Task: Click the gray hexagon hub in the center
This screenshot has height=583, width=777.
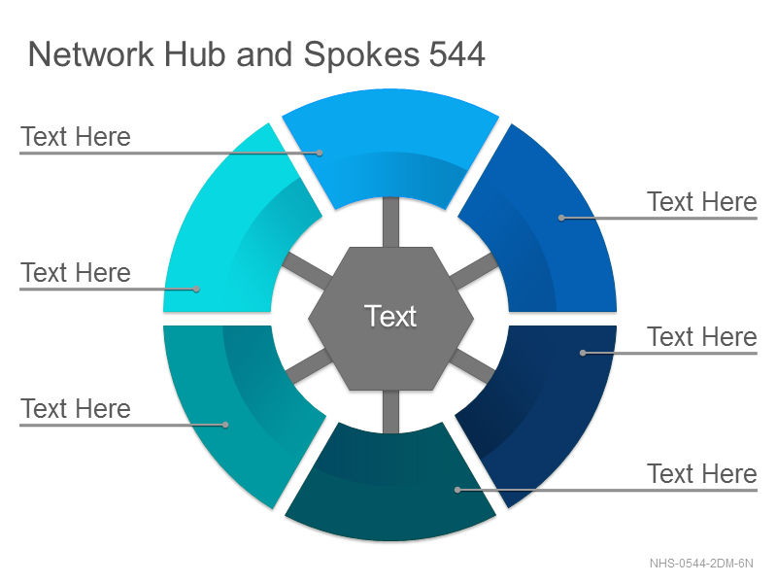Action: click(390, 319)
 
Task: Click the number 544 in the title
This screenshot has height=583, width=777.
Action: click(456, 54)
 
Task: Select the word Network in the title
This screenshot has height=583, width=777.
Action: click(90, 54)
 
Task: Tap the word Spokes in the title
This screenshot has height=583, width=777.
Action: click(361, 55)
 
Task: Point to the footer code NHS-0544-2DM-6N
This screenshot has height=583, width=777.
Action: click(701, 564)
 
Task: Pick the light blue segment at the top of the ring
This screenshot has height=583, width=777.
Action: click(390, 144)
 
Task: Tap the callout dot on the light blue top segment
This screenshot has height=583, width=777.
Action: click(320, 153)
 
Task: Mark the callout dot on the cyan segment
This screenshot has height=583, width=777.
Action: click(196, 289)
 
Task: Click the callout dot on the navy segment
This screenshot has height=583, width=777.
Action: click(584, 353)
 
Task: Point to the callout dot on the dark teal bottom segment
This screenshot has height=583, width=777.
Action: click(457, 490)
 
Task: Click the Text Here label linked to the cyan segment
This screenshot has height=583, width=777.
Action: click(76, 273)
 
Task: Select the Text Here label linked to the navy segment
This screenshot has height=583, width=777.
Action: click(702, 337)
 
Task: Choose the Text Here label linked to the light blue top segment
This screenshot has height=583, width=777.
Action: click(76, 137)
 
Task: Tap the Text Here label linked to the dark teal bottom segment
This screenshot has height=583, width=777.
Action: click(702, 473)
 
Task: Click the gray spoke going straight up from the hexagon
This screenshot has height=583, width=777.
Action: click(390, 223)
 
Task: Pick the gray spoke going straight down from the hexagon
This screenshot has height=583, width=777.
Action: click(390, 411)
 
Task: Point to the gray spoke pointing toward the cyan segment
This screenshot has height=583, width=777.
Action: click(307, 271)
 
